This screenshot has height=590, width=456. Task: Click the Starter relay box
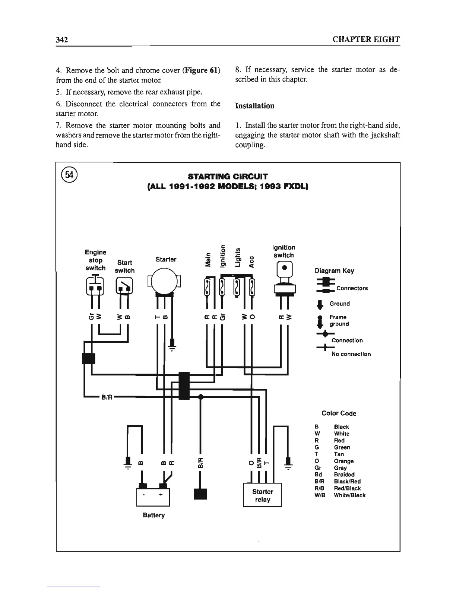click(262, 495)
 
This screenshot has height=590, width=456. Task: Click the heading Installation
click(255, 106)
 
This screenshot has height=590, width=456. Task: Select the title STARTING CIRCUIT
click(228, 176)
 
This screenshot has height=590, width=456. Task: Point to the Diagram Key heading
click(335, 271)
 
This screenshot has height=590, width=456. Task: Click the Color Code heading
click(339, 413)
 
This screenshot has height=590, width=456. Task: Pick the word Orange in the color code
click(343, 461)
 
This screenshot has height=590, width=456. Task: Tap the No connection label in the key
click(351, 354)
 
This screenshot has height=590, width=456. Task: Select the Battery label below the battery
click(153, 516)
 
